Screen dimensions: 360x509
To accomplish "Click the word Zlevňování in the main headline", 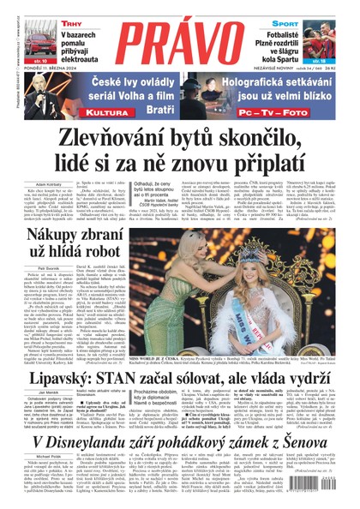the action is [91, 139].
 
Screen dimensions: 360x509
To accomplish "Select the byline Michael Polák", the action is [29, 457].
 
